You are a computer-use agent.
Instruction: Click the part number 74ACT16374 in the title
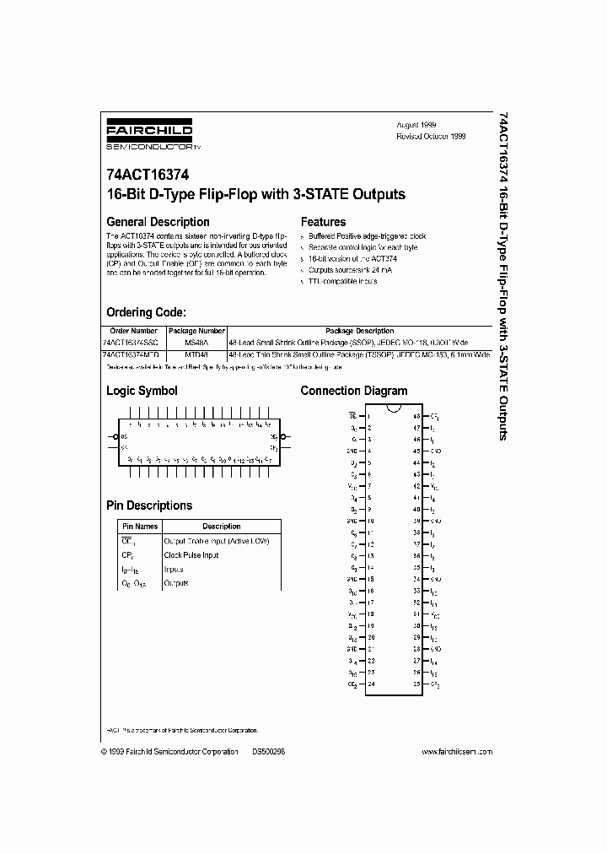click(148, 176)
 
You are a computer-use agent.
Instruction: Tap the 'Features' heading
click(323, 222)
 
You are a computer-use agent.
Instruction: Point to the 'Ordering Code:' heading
click(152, 312)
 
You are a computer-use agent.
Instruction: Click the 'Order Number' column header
click(134, 332)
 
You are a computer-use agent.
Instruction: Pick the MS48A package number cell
click(196, 343)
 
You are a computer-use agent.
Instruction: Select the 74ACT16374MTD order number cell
click(133, 356)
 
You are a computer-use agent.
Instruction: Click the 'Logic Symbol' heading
click(142, 391)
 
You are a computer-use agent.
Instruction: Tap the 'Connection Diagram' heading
click(353, 391)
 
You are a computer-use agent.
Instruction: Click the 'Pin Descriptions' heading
click(148, 505)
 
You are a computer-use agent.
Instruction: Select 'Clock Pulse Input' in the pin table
click(191, 555)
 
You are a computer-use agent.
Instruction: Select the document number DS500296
click(268, 751)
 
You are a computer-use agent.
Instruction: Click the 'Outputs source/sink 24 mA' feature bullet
click(346, 270)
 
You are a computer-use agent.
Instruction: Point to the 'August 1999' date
click(416, 124)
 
